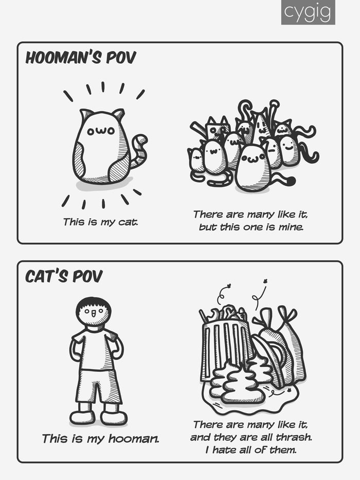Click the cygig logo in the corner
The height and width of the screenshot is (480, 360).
[308, 12]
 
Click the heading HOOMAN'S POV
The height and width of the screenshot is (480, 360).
[81, 58]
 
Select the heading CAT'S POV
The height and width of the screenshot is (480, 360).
[64, 276]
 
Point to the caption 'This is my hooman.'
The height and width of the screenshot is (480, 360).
[101, 439]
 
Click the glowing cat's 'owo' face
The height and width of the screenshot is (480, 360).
[101, 131]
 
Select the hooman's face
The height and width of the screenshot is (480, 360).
[94, 313]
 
